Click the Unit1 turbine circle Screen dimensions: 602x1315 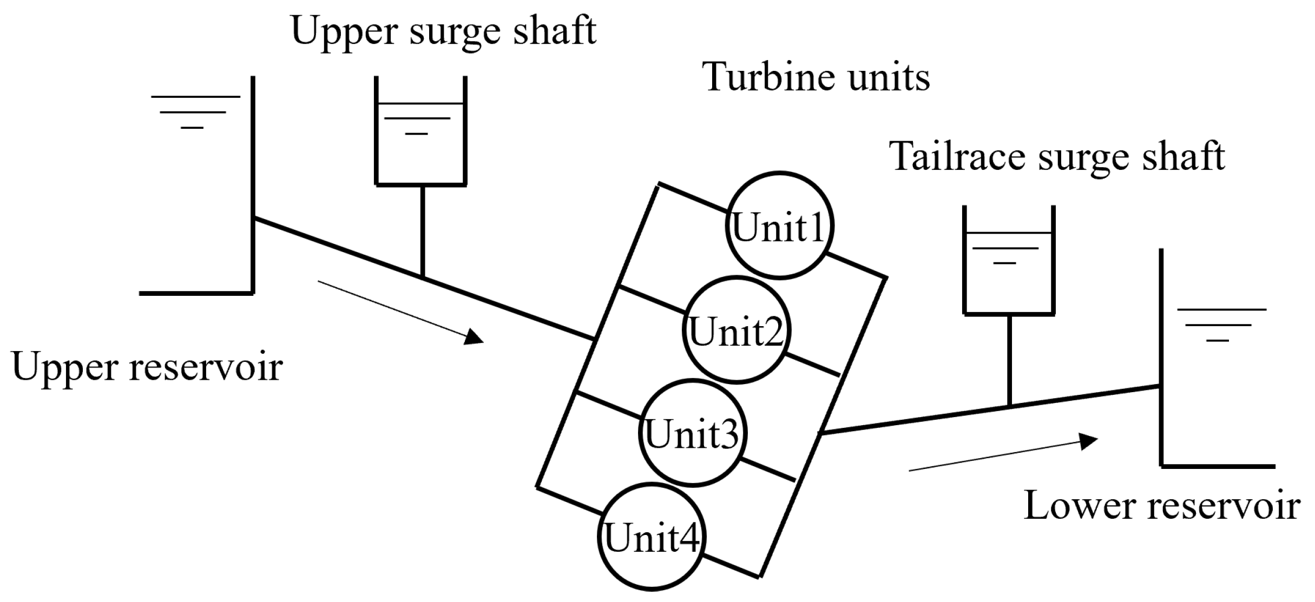coord(779,226)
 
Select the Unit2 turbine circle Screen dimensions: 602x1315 coord(736,330)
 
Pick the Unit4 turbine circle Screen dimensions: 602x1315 coord(652,537)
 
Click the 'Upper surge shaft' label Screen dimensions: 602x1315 coord(443,31)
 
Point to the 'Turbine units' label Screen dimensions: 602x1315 coord(816,77)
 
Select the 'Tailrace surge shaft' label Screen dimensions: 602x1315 coord(1057,157)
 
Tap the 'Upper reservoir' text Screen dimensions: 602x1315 coord(147,367)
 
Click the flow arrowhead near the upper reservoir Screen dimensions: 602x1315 coord(474,336)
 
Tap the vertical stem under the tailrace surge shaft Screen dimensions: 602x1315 coord(1010,360)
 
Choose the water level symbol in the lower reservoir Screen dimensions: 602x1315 coord(1221,325)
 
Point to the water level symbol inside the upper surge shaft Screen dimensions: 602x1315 coord(417,124)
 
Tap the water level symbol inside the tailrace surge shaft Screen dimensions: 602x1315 coord(1005,255)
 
